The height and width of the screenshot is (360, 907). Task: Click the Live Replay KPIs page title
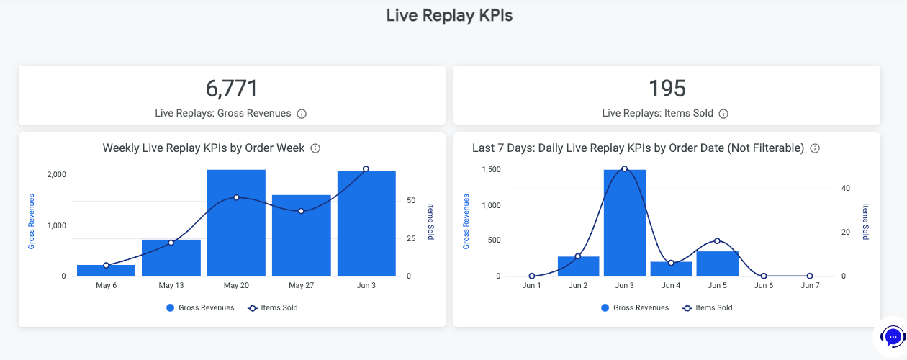449,16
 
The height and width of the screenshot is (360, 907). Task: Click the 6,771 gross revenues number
232,89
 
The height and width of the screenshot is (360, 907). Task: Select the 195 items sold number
667,89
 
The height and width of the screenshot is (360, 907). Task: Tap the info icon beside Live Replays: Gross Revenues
302,114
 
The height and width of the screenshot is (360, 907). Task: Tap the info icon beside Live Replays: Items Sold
723,114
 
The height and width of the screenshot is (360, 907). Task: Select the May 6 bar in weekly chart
106,270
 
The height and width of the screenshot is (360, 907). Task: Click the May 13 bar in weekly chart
171,257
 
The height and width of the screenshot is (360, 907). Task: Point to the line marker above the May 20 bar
236,197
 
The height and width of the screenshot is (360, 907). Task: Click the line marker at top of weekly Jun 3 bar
366,168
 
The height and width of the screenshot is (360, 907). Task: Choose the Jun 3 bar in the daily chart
624,222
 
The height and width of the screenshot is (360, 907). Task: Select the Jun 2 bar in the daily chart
578,266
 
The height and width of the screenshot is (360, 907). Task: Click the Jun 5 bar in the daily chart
717,263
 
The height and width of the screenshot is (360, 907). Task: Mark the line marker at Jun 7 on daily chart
810,276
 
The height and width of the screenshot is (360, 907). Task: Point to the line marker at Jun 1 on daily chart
531,276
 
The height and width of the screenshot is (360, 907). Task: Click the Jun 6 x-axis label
764,286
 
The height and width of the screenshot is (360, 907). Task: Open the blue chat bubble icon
893,336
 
